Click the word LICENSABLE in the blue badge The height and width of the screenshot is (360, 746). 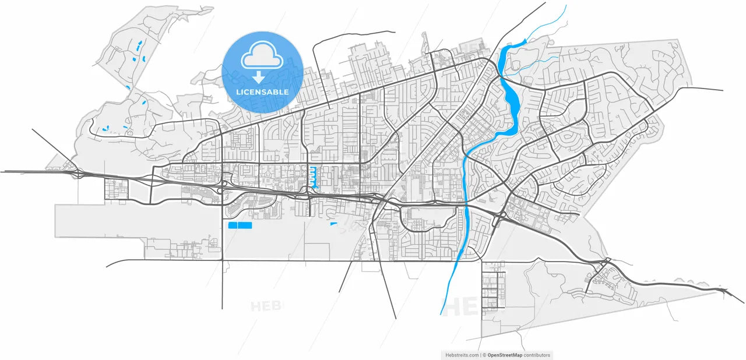tap(262, 92)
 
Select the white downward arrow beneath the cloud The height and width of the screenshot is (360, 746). tap(258, 77)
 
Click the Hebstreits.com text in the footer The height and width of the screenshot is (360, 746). tap(462, 355)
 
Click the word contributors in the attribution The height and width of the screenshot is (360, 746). tap(537, 355)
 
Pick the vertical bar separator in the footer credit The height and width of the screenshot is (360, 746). tap(482, 355)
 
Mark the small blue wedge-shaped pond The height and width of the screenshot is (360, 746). tap(334, 224)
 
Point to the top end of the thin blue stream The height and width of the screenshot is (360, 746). tap(565, 6)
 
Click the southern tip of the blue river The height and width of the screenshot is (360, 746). tap(441, 313)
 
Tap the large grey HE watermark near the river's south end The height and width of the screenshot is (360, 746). tap(460, 306)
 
